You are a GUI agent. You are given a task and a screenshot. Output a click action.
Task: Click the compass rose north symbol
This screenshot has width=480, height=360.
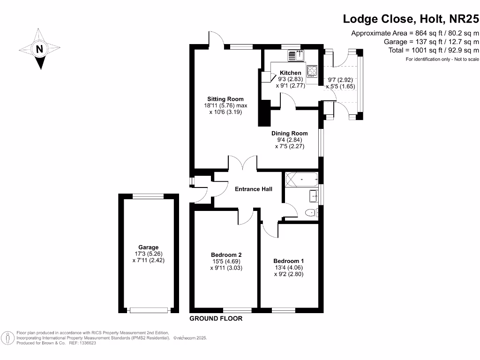pyautogui.click(x=40, y=49)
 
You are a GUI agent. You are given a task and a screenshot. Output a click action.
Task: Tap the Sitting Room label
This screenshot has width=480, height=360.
pyautogui.click(x=225, y=99)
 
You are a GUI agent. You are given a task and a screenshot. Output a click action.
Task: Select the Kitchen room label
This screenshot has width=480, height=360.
pyautogui.click(x=290, y=73)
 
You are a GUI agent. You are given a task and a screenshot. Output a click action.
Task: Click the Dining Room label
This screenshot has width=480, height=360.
pyautogui.click(x=290, y=133)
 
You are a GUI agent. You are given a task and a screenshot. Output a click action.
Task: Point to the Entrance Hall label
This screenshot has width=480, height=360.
pyautogui.click(x=253, y=189)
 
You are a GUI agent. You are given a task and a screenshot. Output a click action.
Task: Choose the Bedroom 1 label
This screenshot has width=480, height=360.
pyautogui.click(x=289, y=261)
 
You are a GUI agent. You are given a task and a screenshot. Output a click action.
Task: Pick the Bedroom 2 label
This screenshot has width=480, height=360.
pyautogui.click(x=226, y=255)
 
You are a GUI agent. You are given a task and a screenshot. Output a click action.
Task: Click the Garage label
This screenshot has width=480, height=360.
pyautogui.click(x=148, y=247)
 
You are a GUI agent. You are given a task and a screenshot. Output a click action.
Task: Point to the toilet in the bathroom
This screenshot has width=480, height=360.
pyautogui.click(x=311, y=213)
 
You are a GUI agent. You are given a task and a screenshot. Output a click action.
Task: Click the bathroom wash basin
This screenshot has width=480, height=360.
pyautogui.click(x=314, y=196)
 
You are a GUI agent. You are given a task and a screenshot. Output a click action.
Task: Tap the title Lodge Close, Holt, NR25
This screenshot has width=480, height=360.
pyautogui.click(x=411, y=19)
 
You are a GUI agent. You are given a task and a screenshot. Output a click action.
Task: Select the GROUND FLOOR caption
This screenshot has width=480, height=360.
pyautogui.click(x=216, y=319)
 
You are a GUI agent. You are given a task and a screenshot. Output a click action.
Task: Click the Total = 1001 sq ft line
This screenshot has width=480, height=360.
pyautogui.click(x=434, y=50)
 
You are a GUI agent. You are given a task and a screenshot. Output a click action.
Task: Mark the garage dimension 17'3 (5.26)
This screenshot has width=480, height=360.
pyautogui.click(x=148, y=254)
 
